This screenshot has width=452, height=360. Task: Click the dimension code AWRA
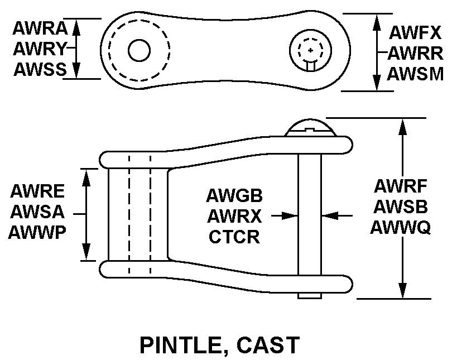coord(40,28)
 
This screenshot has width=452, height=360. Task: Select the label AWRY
coord(40,49)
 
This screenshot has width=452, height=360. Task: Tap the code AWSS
coord(40,69)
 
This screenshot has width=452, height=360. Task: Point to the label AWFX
coord(415,32)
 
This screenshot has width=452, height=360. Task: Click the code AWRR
coord(415,54)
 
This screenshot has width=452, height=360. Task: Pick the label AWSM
coord(415,74)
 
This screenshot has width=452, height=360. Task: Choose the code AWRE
coord(37,191)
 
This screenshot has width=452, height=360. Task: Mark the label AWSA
coord(37,212)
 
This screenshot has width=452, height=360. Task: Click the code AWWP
coord(37,232)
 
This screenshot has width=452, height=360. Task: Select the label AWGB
coord(234,195)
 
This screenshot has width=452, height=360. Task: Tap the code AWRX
coord(234,216)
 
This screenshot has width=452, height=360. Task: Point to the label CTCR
coord(234,237)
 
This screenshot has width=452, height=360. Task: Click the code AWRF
coord(401,186)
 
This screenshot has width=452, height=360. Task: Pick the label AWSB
coord(401,207)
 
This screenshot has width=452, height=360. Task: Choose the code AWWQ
coord(401,227)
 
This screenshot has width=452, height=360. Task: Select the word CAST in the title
coord(268,345)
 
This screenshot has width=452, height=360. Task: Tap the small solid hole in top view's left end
coord(140,50)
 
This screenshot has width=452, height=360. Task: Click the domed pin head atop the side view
coord(310,128)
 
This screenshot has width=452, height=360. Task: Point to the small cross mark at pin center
coord(310,50)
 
